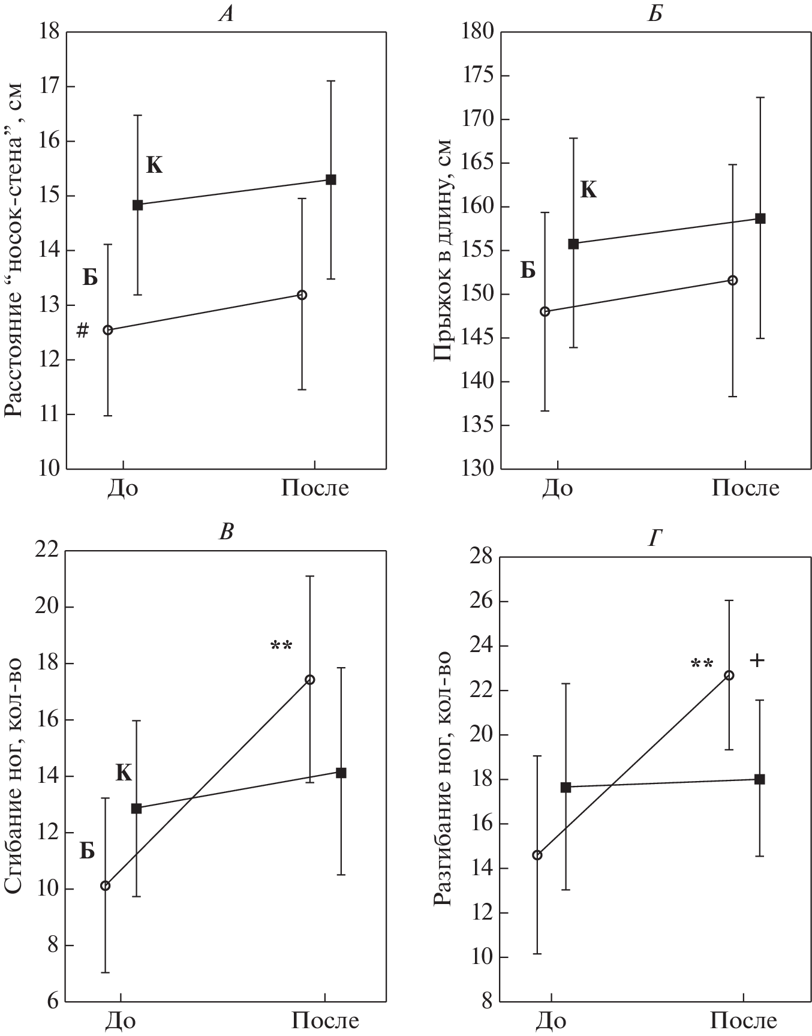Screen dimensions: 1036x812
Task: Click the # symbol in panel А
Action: point(83,330)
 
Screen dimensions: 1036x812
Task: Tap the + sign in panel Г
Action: point(757,661)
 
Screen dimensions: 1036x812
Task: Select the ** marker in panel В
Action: point(281,646)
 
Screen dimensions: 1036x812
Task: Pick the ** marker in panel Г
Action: point(702,664)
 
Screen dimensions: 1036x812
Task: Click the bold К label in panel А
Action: point(154,166)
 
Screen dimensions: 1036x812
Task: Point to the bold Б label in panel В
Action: point(88,851)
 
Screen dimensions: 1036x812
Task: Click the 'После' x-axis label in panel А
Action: point(315,488)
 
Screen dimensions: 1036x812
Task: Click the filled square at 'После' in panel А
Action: point(330,179)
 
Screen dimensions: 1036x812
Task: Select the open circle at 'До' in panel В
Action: point(105,885)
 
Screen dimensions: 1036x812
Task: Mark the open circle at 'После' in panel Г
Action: point(729,675)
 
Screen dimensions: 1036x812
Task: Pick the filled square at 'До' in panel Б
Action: point(573,244)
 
